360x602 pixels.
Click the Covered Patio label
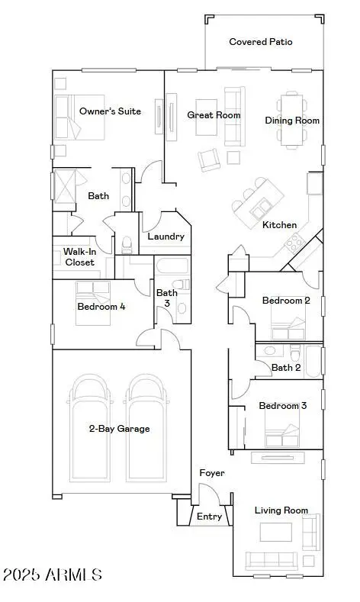point(261,42)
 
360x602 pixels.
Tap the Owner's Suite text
point(110,111)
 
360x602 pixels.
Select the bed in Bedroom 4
point(93,304)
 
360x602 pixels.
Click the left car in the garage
point(90,428)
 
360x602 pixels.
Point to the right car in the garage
point(146,428)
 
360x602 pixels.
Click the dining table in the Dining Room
point(291,120)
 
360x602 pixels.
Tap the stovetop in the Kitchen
point(294,243)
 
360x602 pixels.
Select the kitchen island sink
point(260,209)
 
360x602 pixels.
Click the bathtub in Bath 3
point(172,266)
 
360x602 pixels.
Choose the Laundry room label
point(166,237)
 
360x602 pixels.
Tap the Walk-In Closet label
point(79,257)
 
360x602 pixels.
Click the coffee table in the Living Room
point(275,532)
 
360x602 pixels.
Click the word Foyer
point(212,473)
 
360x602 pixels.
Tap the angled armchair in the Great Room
point(209,159)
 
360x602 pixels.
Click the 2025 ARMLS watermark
point(52,575)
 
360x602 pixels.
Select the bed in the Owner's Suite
point(80,118)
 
